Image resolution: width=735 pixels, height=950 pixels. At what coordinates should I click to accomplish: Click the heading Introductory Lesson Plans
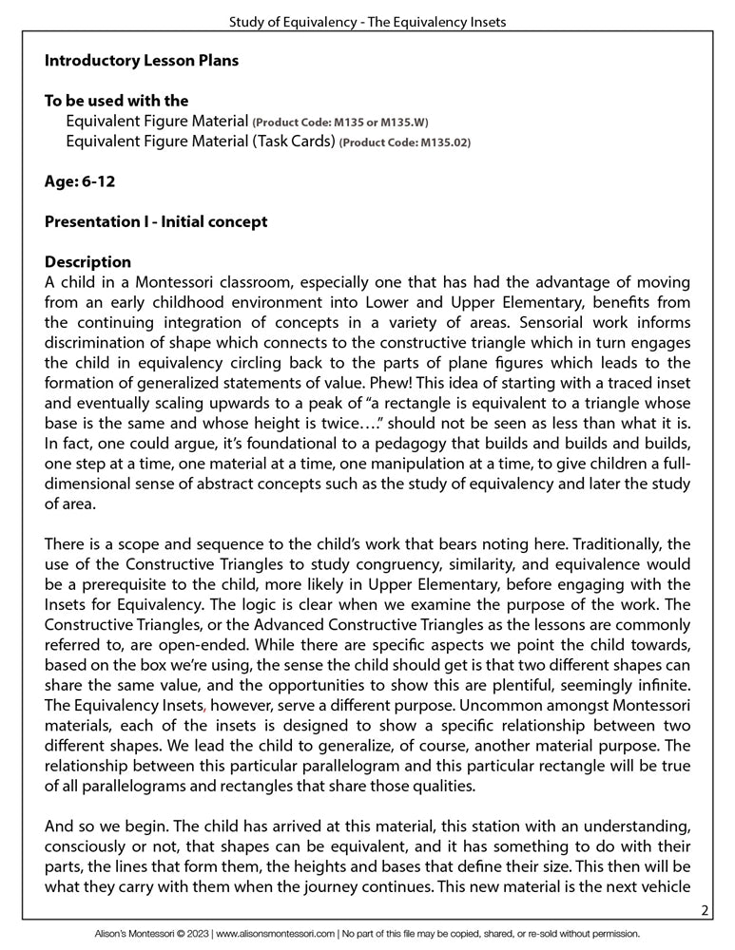[142, 61]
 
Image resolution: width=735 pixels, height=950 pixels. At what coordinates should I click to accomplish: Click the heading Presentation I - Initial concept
[156, 221]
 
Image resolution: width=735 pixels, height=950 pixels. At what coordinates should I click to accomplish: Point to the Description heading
[88, 261]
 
